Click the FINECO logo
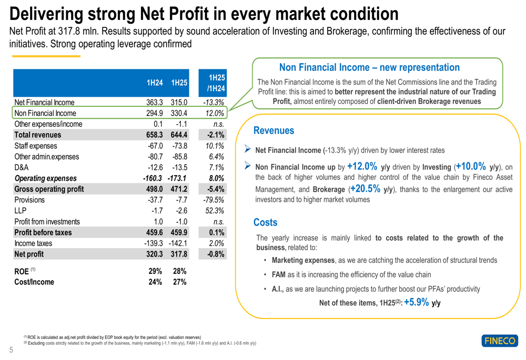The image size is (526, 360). pos(499,341)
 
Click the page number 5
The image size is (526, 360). pos(11,351)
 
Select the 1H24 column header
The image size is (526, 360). pos(154,83)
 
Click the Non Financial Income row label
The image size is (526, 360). pos(45,113)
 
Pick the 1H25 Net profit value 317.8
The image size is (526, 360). pos(179,254)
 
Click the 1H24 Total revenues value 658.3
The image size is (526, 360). pos(154,135)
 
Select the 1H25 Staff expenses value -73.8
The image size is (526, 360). pos(179,146)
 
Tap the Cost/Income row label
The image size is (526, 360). pos(34,282)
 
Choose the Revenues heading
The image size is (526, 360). pos(274,130)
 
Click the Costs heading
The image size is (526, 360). pos(265,222)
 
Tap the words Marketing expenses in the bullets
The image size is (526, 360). pos(303,260)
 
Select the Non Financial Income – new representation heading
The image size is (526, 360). pos(369,67)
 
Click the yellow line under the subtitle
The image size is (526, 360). pos(46,56)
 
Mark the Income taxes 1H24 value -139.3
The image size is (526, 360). pos(154,243)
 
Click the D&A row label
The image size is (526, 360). pos(22,167)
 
